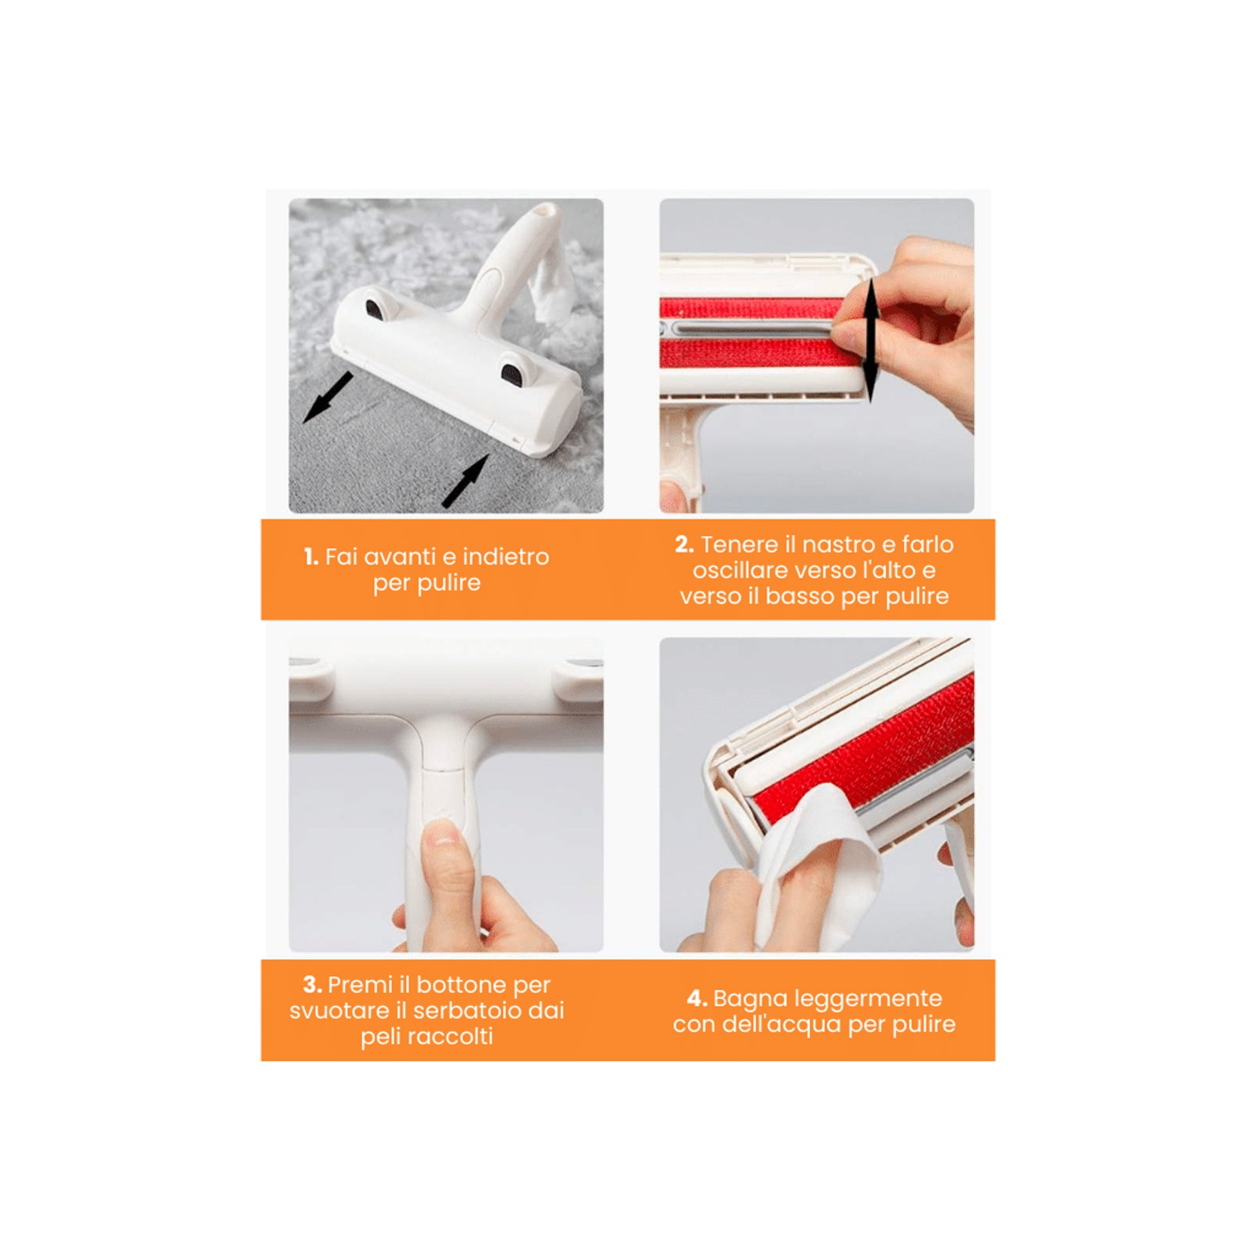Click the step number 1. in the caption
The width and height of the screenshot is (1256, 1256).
(311, 557)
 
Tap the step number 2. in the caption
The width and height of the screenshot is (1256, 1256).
(684, 544)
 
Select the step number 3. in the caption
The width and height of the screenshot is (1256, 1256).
(312, 985)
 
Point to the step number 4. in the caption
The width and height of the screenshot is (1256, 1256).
(697, 998)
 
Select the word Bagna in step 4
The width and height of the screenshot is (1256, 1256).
(743, 999)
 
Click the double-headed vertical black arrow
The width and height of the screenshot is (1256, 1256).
(871, 340)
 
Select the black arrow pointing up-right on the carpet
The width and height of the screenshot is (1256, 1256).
(466, 481)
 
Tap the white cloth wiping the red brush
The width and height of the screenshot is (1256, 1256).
(818, 863)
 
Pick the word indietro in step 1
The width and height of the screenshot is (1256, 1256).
(506, 557)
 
